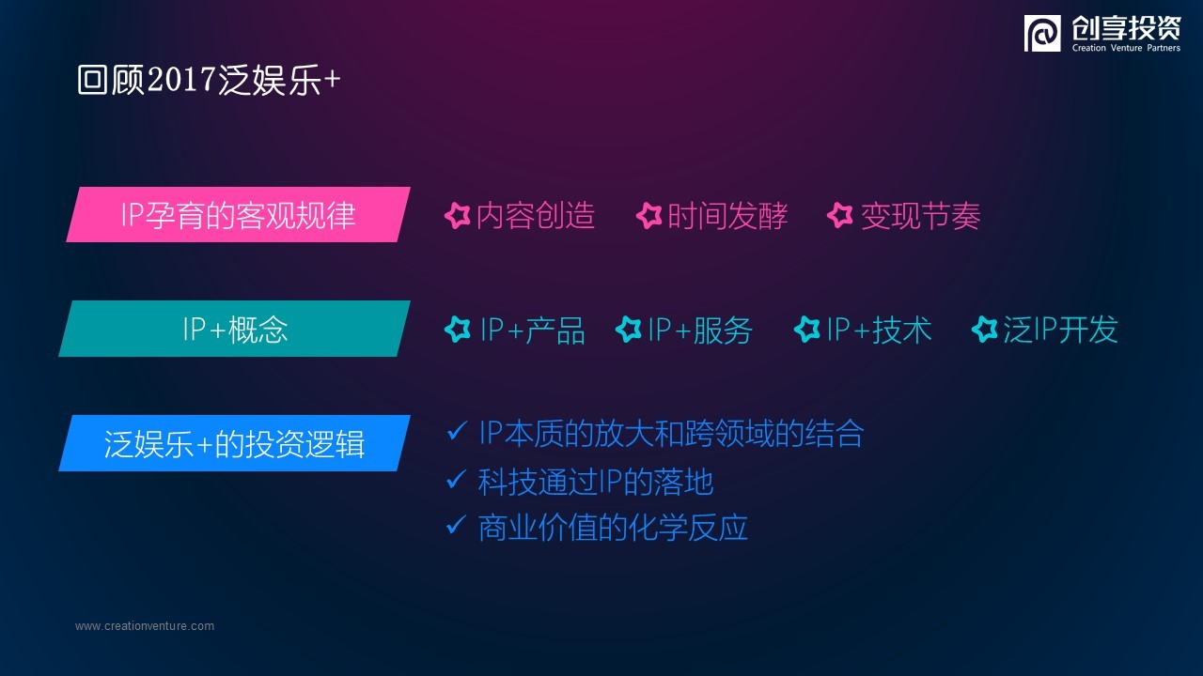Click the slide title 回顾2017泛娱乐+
point(209,81)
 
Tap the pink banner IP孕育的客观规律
point(238,215)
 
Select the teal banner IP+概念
point(234,329)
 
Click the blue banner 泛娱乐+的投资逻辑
point(234,443)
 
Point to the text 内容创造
point(536,216)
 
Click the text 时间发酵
point(727,216)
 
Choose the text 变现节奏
point(920,216)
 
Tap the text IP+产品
point(532,330)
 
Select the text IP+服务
point(700,330)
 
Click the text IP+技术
point(879,330)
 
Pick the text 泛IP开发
point(1061,330)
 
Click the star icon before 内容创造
point(458,216)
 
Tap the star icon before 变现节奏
point(840,216)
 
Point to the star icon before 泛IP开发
point(985,329)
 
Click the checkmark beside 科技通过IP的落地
point(456,479)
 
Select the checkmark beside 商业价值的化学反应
point(456,525)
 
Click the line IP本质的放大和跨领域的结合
point(671,434)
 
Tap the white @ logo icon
point(1042,33)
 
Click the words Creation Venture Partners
point(1126,48)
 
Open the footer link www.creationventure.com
point(145,626)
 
